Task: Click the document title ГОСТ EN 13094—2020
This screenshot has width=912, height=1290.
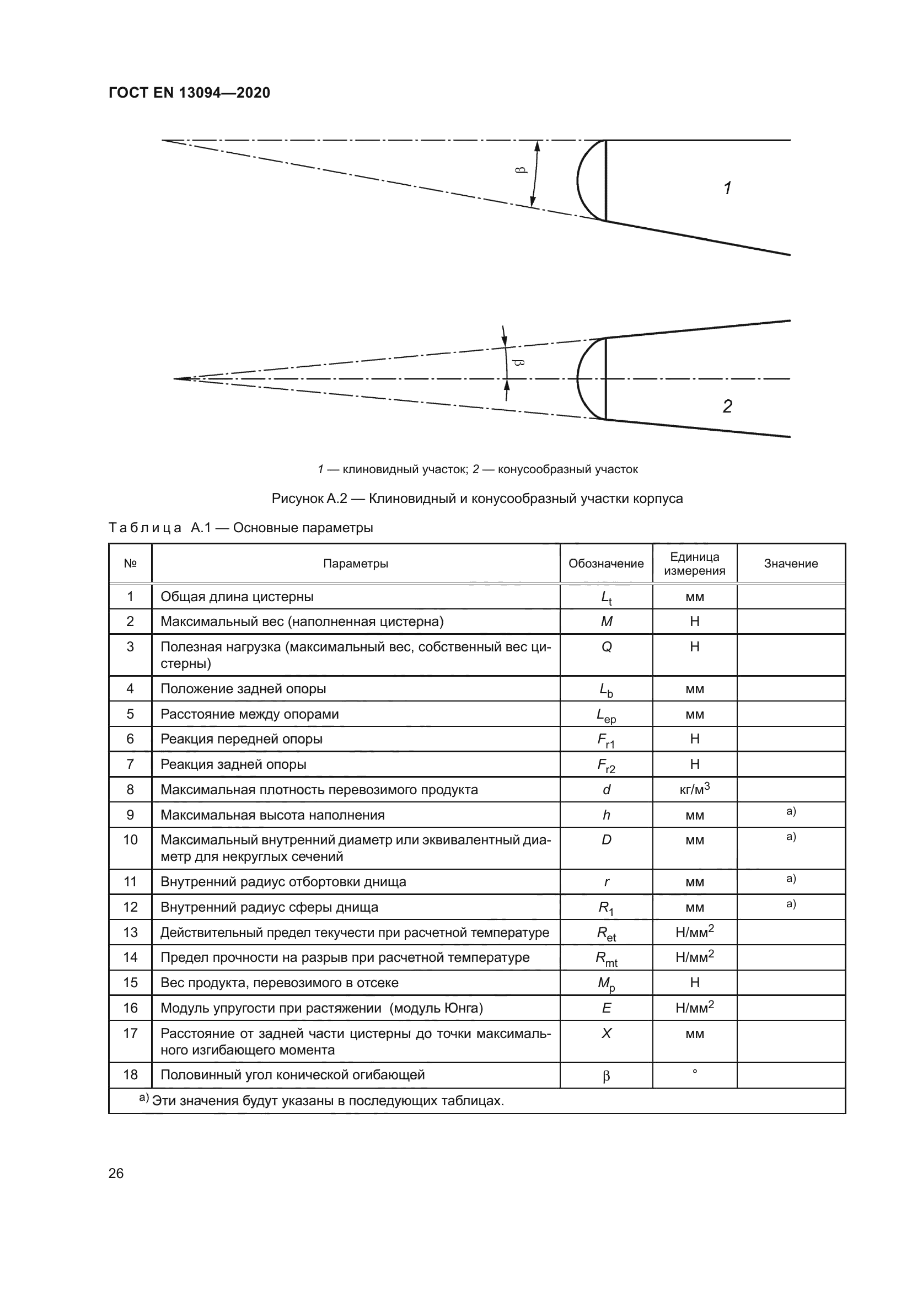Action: [189, 93]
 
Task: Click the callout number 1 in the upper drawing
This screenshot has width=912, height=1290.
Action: [727, 188]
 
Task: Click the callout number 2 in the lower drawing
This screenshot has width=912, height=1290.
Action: [727, 406]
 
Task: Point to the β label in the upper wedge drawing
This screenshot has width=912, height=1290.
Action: [521, 170]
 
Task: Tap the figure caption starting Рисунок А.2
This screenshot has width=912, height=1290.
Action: [477, 499]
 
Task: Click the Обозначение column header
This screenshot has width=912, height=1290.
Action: [606, 564]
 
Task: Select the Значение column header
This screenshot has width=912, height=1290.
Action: [791, 564]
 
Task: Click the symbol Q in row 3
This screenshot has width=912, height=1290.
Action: [607, 647]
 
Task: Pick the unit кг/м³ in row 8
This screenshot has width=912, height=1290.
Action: [695, 789]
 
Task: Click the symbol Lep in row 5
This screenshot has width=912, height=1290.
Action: [607, 715]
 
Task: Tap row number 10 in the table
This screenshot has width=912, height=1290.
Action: [130, 839]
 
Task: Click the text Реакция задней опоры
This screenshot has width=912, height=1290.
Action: [233, 764]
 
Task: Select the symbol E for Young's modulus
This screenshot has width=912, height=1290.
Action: [607, 1008]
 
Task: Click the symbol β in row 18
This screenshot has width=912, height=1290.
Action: [607, 1076]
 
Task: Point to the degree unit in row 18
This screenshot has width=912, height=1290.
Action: [695, 1072]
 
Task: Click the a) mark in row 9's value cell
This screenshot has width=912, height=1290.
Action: [791, 811]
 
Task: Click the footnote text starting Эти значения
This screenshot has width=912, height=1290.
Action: [328, 1101]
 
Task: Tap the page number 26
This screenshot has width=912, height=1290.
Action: [116, 1173]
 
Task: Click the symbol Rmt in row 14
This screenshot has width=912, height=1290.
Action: [607, 959]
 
